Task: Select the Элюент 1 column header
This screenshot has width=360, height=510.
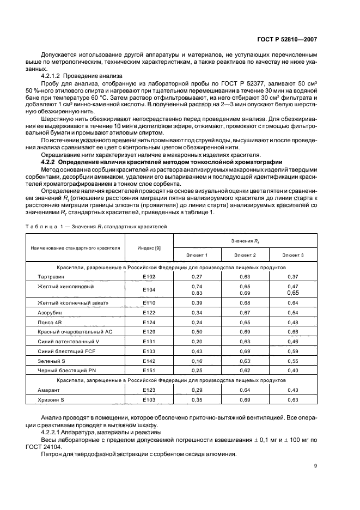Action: coord(197,254)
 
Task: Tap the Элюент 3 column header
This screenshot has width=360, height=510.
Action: coord(293,254)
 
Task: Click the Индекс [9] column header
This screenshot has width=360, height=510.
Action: coord(149,248)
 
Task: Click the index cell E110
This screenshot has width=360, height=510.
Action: coord(149,302)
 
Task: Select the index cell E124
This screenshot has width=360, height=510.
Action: coord(149,322)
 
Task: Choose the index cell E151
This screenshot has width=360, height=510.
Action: coord(149,371)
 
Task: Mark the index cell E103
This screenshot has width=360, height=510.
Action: coord(149,400)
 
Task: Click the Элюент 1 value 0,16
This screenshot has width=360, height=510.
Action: coord(197,361)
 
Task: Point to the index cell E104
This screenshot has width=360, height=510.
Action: coord(149,290)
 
